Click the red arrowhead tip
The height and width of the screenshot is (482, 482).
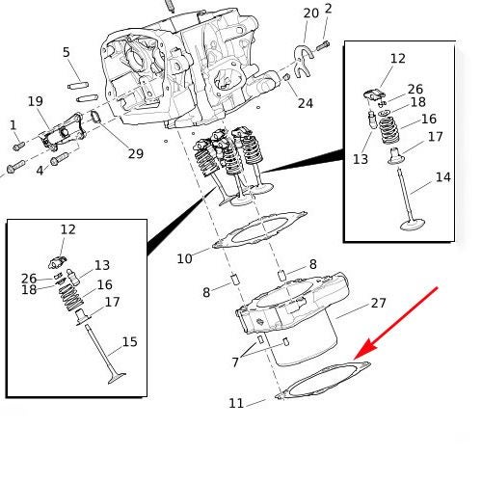(x=354, y=359)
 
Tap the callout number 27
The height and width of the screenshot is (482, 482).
(x=378, y=303)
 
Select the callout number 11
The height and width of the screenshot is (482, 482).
(x=236, y=403)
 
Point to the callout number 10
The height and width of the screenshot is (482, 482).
(x=184, y=258)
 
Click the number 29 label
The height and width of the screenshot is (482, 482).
(x=136, y=153)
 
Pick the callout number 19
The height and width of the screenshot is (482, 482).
(x=36, y=101)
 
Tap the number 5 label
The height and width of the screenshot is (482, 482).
(x=67, y=52)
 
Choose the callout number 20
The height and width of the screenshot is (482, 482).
(x=311, y=13)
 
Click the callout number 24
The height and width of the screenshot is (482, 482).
(x=306, y=103)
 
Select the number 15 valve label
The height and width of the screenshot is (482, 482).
(x=130, y=342)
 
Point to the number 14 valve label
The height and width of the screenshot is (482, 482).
(x=443, y=177)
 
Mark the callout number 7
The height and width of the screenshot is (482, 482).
(x=235, y=362)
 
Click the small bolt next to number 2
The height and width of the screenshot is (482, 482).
(x=323, y=46)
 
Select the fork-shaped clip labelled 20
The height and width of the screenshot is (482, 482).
(x=303, y=62)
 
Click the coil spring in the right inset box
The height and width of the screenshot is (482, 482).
(x=389, y=130)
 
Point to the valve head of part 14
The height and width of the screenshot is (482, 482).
(x=413, y=224)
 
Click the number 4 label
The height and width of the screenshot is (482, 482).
(x=40, y=171)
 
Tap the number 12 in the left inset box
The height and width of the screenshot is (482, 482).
(x=68, y=229)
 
